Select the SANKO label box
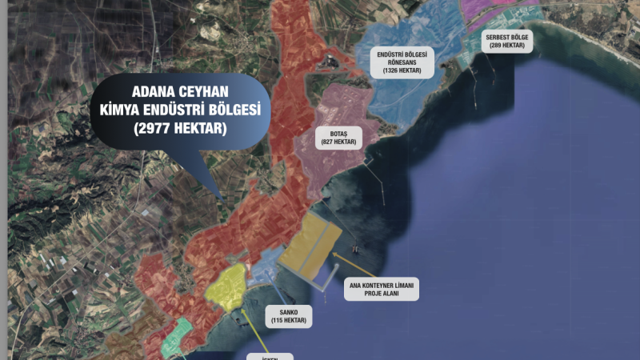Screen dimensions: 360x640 point(287,315)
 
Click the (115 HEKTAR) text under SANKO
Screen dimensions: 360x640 point(287,320)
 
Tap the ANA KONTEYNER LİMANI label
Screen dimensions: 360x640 point(382,285)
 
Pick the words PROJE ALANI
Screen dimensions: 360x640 point(382,294)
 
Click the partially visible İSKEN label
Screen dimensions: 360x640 point(270,356)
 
